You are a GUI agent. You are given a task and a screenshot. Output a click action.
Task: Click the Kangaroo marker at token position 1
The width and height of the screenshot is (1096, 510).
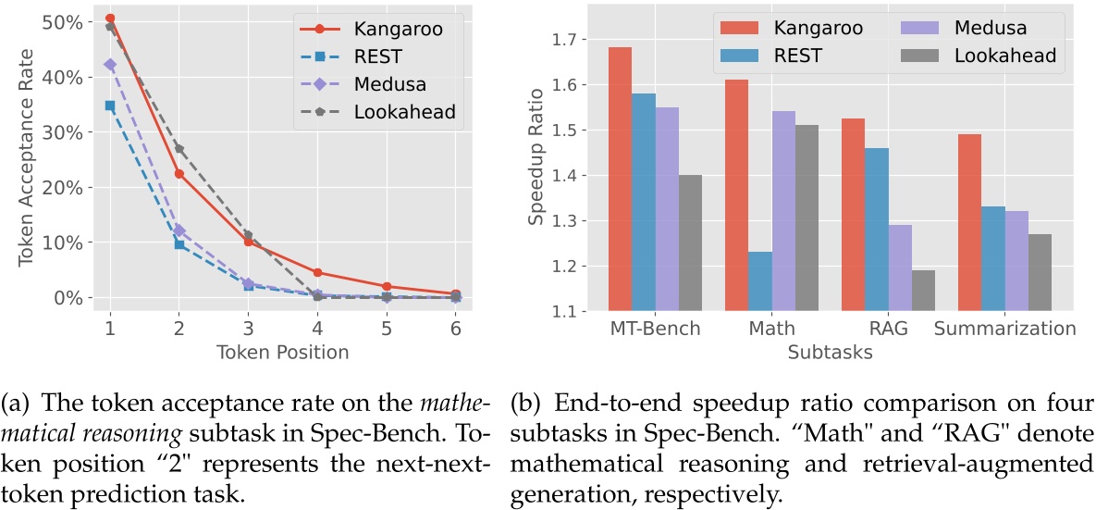pyautogui.click(x=110, y=19)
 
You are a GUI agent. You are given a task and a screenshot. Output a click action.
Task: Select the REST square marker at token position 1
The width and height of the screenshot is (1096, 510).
pyautogui.click(x=110, y=106)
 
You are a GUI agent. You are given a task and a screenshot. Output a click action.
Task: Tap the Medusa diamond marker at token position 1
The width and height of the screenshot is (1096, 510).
pyautogui.click(x=110, y=65)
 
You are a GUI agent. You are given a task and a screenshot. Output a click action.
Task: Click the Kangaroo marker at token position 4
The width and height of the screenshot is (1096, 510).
pyautogui.click(x=317, y=273)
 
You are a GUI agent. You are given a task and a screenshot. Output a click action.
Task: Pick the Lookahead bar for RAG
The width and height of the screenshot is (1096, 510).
pyautogui.click(x=923, y=291)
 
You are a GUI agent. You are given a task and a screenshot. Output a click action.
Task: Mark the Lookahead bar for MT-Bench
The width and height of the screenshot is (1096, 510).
pyautogui.click(x=690, y=243)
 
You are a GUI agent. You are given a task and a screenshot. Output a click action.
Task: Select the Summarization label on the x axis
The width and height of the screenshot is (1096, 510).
pyautogui.click(x=1004, y=329)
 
